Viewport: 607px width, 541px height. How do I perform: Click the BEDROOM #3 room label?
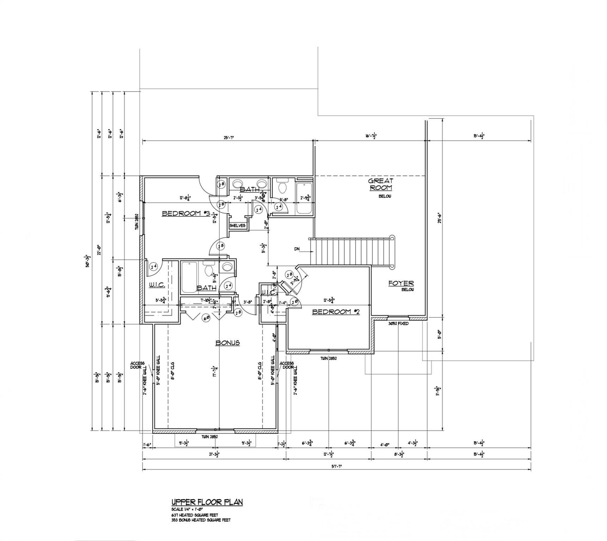point(186,213)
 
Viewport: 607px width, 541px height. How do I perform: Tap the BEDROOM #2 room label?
point(336,312)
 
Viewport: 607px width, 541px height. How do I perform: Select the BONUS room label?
point(228,343)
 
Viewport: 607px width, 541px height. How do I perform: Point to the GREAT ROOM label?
point(380,184)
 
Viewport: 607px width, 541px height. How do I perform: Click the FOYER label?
point(401,283)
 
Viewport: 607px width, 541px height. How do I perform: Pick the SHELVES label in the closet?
point(237,225)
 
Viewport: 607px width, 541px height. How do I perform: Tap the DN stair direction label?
point(297,249)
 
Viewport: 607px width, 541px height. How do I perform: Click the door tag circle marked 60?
point(206,317)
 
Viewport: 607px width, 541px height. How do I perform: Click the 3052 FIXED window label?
point(398,323)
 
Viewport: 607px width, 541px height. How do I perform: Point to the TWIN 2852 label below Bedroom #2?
point(329,358)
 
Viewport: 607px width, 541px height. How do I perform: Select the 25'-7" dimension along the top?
point(228,137)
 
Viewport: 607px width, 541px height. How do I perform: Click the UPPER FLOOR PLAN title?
point(207,502)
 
